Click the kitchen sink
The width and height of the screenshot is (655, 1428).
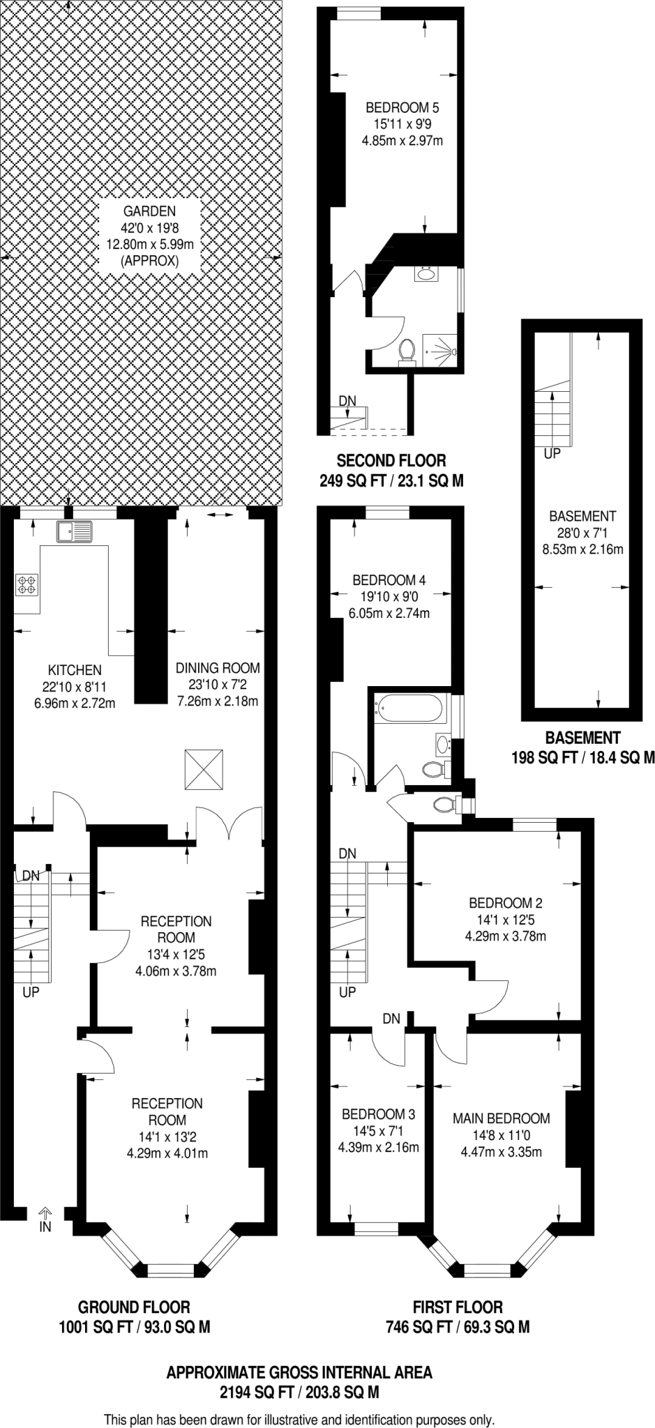[75, 532]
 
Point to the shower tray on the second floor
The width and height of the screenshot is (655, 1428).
[442, 347]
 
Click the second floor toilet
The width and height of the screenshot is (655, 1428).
[406, 350]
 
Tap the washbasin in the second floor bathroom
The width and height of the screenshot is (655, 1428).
[426, 273]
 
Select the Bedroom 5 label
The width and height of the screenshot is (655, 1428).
[402, 108]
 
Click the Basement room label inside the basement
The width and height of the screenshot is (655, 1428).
[582, 517]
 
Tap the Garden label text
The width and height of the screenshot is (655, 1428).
[149, 211]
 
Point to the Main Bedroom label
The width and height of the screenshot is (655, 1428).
[501, 1118]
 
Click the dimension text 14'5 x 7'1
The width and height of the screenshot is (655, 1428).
[379, 1131]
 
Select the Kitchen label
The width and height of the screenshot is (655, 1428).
[75, 670]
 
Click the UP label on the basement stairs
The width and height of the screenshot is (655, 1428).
[552, 453]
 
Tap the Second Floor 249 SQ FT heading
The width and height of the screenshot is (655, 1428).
[391, 460]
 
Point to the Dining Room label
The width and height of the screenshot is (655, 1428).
[218, 668]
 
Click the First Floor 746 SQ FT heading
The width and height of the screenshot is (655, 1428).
[458, 1307]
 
